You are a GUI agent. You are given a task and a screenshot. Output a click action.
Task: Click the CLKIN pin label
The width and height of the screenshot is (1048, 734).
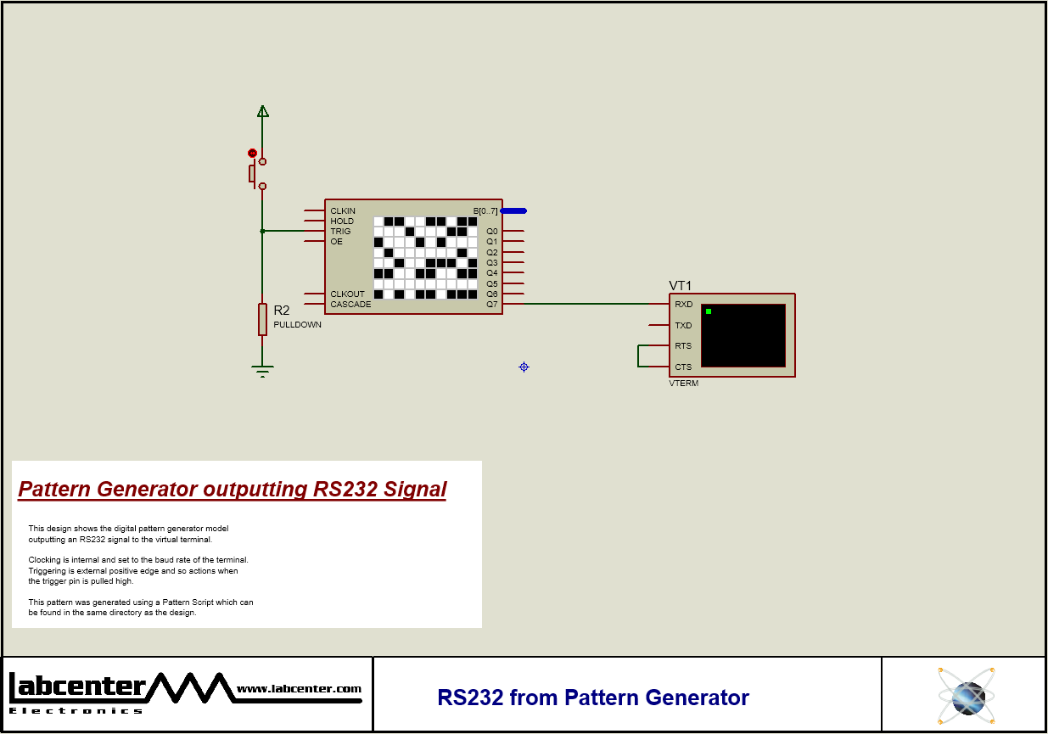click(343, 211)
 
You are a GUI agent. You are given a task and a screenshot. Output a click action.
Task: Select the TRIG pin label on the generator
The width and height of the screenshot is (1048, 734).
click(340, 232)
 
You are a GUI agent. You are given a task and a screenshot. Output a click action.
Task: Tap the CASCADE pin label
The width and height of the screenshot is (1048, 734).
click(350, 305)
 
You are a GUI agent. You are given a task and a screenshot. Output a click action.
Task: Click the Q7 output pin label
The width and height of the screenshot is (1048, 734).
click(492, 305)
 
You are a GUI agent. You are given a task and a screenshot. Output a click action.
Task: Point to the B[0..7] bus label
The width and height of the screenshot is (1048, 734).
click(485, 211)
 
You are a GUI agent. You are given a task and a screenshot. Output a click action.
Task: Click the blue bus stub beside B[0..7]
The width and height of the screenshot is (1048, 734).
click(513, 210)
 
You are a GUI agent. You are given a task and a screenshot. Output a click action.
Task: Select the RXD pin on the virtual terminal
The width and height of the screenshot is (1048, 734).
click(683, 305)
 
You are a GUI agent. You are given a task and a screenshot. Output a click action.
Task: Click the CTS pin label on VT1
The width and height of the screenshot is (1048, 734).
click(683, 367)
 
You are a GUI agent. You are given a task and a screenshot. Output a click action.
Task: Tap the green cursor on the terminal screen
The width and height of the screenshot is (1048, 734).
click(709, 311)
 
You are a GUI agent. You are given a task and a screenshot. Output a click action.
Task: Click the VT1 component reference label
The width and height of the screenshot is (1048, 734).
click(681, 286)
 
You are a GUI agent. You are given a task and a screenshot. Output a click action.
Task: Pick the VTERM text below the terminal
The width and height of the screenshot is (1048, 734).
click(684, 384)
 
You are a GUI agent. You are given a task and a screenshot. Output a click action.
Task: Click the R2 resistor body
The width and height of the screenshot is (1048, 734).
click(262, 319)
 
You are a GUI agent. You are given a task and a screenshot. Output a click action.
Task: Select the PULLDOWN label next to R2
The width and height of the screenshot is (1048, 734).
click(297, 325)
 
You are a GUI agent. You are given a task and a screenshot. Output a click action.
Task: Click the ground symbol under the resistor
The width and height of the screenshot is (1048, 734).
click(262, 370)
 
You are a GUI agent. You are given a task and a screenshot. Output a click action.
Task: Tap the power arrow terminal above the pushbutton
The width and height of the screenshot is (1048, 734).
click(262, 111)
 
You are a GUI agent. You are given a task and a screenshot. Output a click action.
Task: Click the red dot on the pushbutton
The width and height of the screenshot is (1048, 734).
click(252, 153)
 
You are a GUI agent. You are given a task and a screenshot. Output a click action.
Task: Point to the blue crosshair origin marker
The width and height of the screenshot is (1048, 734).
click(524, 367)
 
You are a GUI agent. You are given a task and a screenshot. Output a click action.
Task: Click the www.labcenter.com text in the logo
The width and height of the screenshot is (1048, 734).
click(299, 689)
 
